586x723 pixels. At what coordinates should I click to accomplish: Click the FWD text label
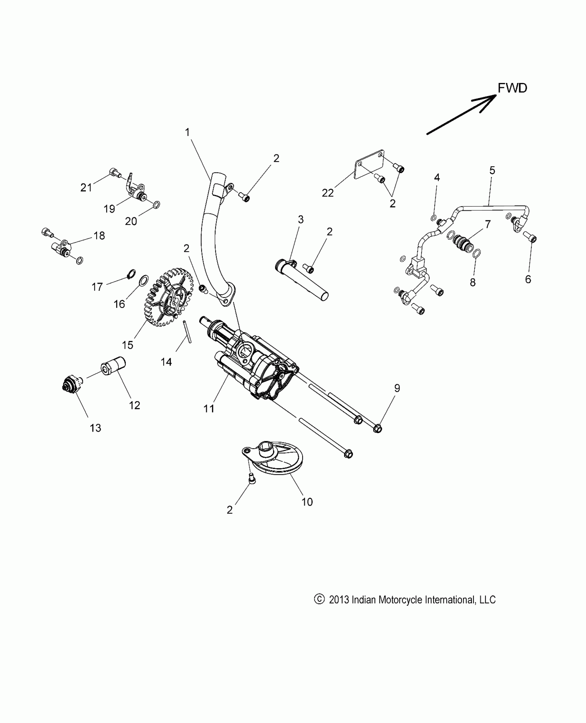tap(512, 88)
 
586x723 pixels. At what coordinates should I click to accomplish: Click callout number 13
tap(95, 428)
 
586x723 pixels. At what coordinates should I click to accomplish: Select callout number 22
tap(328, 193)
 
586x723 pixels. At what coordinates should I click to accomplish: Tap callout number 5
tap(492, 170)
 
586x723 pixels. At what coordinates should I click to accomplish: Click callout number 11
tap(209, 409)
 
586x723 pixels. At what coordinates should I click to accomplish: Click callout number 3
tap(301, 219)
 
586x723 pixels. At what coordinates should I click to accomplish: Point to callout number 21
tap(86, 188)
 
